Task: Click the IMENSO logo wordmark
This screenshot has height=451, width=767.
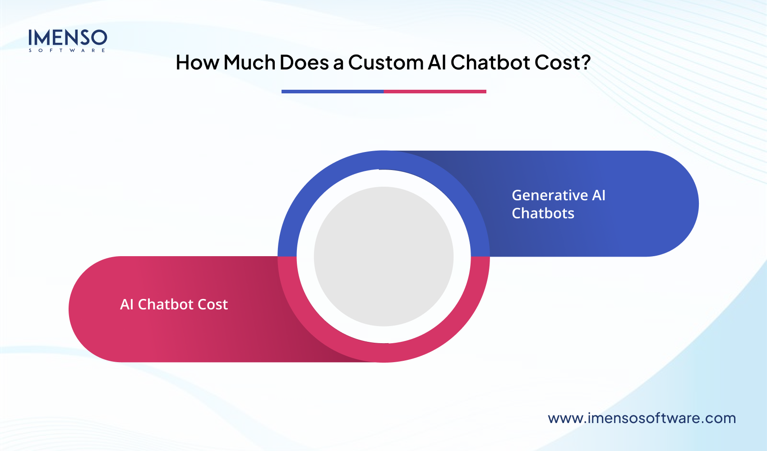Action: pos(68,37)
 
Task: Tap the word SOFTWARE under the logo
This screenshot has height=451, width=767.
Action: pos(67,51)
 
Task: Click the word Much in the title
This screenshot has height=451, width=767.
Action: pos(250,63)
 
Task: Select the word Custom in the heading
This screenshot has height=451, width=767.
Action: pos(385,63)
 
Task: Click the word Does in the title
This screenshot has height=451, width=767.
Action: pos(304,63)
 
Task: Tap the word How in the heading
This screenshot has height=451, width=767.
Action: pos(197,63)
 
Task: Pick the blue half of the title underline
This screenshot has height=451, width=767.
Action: pos(333,92)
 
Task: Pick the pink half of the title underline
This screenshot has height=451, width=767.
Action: pos(435,92)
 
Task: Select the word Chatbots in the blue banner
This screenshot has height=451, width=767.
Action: pos(543,213)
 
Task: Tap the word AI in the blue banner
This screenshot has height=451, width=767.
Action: pos(599,195)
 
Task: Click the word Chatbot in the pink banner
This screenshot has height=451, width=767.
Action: pos(166,304)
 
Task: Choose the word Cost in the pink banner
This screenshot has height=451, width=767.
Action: pos(213,304)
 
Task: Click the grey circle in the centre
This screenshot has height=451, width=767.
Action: pos(383,256)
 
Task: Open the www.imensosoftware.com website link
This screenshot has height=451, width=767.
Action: pos(642,418)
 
